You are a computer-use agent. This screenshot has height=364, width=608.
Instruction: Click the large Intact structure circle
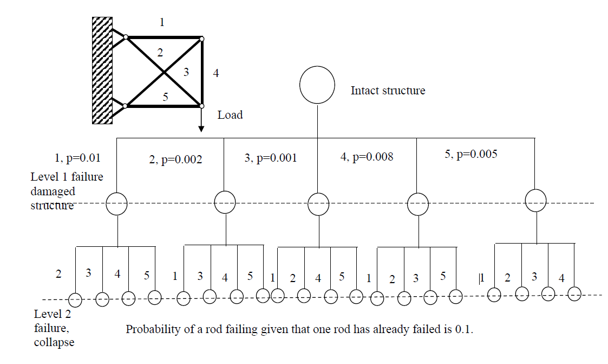click(317, 85)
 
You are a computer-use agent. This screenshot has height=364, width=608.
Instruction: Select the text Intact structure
click(388, 91)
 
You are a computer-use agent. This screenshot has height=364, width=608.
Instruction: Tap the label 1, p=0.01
click(78, 158)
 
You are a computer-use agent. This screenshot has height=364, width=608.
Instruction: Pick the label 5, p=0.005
click(470, 154)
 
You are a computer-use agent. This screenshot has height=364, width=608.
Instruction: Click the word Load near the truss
click(230, 115)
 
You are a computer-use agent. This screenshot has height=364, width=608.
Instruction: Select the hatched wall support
click(102, 71)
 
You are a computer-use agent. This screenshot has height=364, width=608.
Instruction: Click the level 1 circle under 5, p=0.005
click(536, 200)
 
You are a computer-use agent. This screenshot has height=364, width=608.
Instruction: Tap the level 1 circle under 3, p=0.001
click(318, 205)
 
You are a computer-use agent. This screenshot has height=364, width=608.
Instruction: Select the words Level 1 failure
click(67, 177)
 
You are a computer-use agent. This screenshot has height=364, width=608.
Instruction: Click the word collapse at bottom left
click(54, 342)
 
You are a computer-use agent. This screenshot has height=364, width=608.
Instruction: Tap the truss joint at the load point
click(201, 106)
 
